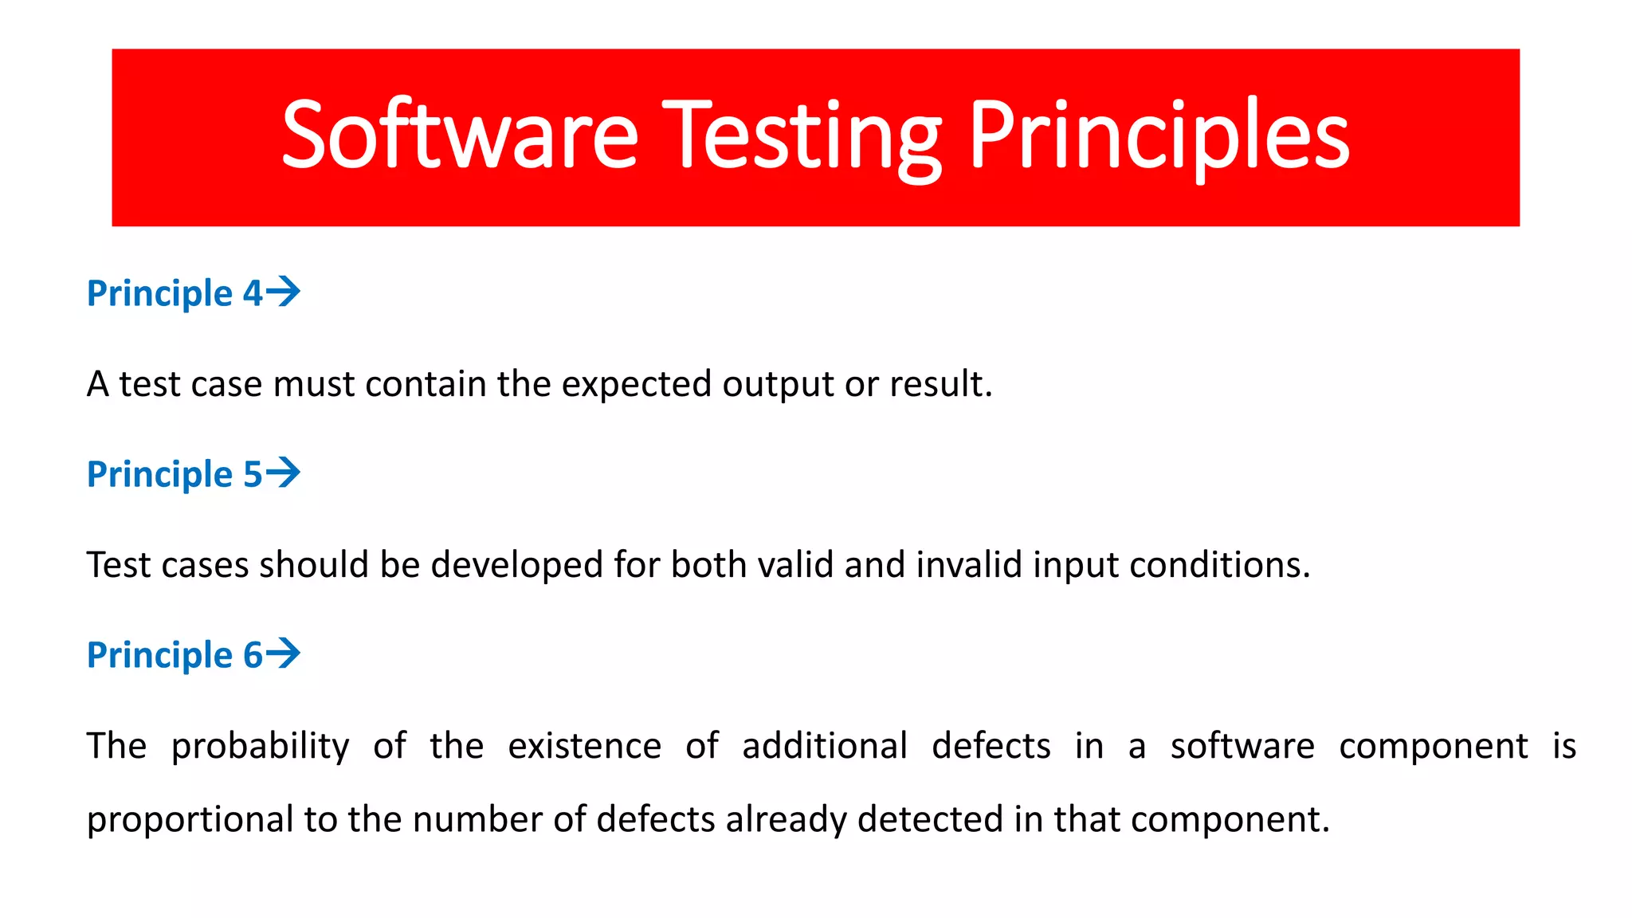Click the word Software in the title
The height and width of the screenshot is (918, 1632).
click(x=460, y=135)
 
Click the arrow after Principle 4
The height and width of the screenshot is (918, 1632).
click(x=283, y=292)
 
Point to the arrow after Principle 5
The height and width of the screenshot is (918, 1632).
click(x=283, y=473)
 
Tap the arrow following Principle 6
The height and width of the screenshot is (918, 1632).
click(x=283, y=653)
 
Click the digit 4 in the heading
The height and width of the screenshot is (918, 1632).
click(x=253, y=293)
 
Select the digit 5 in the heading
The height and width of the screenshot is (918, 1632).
click(x=253, y=474)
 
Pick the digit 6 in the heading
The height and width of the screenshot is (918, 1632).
click(x=253, y=655)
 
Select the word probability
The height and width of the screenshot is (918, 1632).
click(x=260, y=747)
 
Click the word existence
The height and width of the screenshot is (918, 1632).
click(x=584, y=746)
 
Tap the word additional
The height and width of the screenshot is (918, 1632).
click(x=824, y=746)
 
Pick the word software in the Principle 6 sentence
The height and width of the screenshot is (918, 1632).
click(x=1242, y=746)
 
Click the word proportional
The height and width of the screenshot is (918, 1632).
click(x=190, y=820)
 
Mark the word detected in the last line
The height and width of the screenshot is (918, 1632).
click(x=930, y=819)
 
